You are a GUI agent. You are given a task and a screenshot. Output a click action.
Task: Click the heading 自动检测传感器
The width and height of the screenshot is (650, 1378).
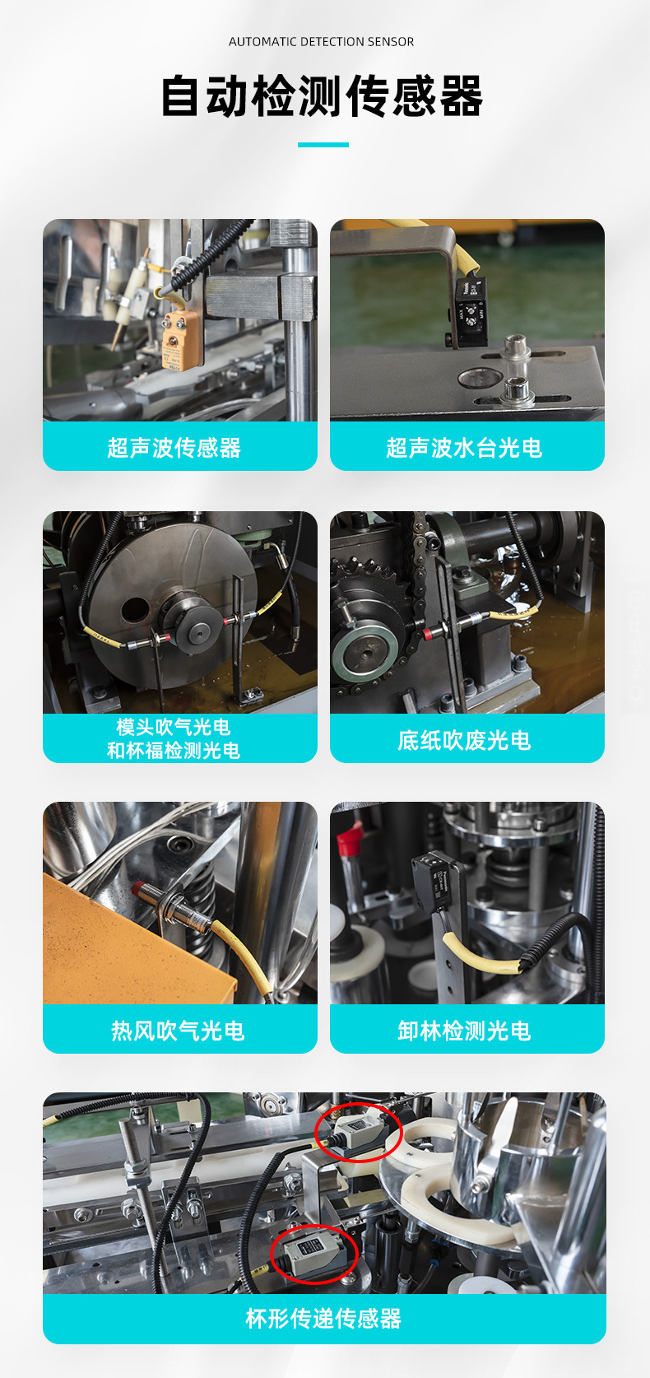323,96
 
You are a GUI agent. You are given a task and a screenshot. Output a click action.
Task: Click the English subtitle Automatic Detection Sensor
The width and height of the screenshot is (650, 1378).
321,42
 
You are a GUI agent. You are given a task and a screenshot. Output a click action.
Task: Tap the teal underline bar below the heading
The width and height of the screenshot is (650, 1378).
323,145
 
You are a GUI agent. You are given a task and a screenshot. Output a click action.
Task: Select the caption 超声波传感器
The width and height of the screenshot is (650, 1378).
174,447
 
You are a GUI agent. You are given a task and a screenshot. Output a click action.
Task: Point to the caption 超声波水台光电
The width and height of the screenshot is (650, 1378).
464,447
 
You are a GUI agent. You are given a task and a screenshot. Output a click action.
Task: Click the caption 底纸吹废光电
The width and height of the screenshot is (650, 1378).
464,740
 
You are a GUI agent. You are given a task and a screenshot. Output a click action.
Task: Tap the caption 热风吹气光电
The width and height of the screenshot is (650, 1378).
178,1031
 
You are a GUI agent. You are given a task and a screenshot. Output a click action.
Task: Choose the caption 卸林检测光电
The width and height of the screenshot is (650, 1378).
464,1031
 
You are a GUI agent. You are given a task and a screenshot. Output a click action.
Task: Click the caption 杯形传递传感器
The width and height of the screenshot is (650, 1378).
323,1319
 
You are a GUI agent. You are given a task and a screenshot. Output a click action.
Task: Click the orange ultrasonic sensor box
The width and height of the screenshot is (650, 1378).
179,340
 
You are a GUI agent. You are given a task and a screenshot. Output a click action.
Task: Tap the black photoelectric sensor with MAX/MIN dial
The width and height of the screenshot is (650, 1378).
472,311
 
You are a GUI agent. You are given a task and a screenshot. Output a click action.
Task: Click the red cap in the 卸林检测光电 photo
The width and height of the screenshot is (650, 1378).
350,836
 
